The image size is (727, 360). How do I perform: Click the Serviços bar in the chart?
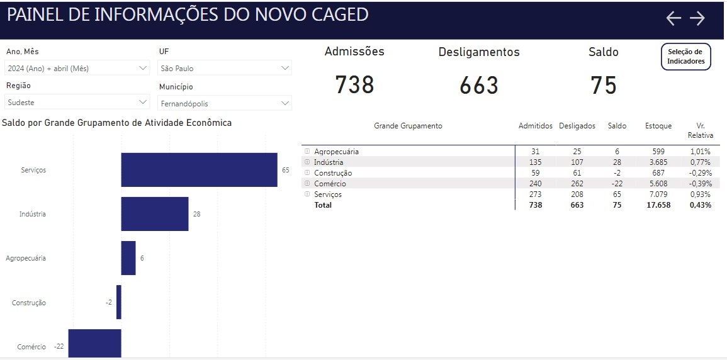coord(199,170)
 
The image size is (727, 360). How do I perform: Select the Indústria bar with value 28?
coord(154,214)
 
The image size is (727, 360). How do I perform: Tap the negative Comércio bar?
coord(94,344)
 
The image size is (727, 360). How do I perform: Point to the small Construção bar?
coord(118,302)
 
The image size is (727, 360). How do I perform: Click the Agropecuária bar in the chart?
coord(128,258)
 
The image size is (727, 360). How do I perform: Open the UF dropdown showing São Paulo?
coord(224,68)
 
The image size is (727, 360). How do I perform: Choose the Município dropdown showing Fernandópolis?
coord(224,103)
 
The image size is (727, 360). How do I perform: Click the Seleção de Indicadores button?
coord(685,57)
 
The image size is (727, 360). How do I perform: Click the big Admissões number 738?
coord(354,85)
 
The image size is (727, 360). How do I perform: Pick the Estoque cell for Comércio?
coord(658,184)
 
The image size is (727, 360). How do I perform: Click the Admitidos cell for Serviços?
coord(535,194)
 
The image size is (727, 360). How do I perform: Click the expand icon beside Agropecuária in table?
coord(307,152)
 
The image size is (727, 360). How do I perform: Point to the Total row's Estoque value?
coord(658,205)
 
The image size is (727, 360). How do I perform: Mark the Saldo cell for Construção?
coord(617,173)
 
